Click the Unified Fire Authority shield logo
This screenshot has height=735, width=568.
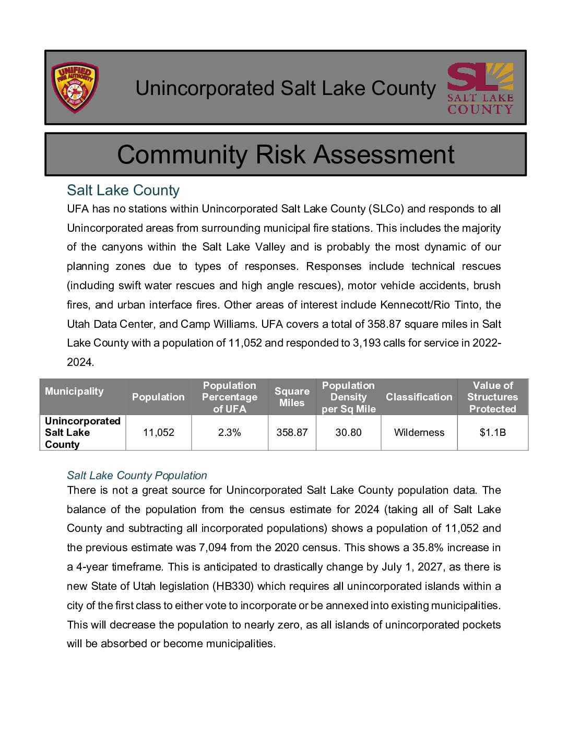(75, 88)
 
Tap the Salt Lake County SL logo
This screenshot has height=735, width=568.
(480, 88)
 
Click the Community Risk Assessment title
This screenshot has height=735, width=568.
(286, 155)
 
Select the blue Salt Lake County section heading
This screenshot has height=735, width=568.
(123, 190)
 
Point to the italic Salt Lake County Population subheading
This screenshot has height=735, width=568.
(137, 476)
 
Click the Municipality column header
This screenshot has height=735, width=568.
(74, 392)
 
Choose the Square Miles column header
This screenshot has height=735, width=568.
(292, 397)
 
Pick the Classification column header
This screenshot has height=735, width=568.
(419, 397)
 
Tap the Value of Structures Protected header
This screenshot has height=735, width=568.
(492, 397)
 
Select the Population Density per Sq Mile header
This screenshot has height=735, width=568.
(348, 397)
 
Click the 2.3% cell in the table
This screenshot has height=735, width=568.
(230, 432)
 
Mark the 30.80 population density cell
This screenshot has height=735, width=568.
(348, 432)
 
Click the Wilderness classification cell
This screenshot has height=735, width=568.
(419, 432)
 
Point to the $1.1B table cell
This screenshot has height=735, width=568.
(492, 432)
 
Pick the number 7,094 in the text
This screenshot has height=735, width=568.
(213, 548)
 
